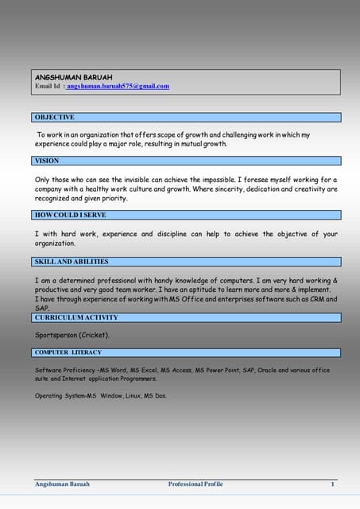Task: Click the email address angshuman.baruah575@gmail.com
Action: click(118, 86)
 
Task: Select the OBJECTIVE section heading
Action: click(55, 117)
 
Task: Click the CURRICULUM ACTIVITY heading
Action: click(77, 317)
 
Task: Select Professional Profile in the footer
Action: click(195, 484)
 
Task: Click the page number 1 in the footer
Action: click(333, 484)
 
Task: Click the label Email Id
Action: click(47, 86)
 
